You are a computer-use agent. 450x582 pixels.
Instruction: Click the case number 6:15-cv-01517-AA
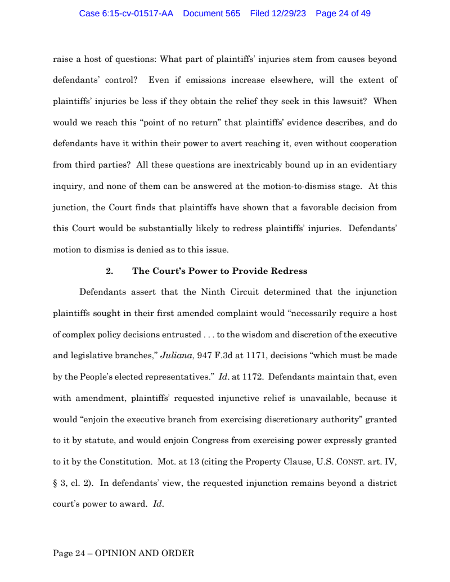point(126,13)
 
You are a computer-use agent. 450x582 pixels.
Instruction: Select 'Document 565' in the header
point(211,13)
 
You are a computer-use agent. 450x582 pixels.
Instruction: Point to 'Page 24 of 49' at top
point(343,13)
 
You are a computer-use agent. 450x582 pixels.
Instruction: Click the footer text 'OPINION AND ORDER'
point(144,553)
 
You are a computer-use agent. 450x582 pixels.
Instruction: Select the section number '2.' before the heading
point(109,271)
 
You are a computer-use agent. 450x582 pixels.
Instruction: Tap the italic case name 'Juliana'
point(177,355)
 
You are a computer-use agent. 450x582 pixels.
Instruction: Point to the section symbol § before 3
point(55,484)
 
